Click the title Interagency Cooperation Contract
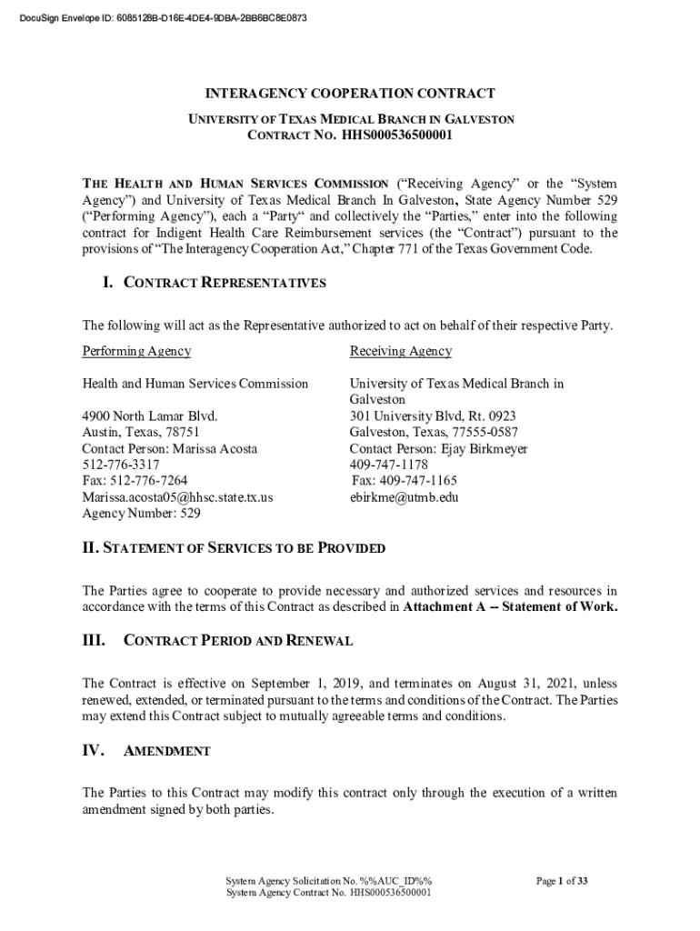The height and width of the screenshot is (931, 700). coord(350,94)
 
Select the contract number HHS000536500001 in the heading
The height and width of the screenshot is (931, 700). coord(396,136)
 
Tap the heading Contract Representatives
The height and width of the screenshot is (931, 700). coord(224,283)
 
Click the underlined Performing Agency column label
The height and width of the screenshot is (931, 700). coord(136,351)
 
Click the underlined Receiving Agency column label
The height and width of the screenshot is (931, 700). coord(400,351)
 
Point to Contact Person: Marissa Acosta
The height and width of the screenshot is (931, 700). coord(169,449)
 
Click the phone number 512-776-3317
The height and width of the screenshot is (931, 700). coord(120,465)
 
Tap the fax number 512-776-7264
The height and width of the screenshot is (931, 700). coord(135,481)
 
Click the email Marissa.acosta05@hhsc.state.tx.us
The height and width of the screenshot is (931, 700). coord(177,497)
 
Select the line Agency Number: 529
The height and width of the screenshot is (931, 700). coord(141,514)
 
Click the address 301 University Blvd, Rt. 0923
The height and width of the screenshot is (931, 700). coord(433,416)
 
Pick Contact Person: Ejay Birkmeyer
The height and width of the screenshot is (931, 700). coord(438,449)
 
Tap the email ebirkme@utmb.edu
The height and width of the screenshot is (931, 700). coord(404,497)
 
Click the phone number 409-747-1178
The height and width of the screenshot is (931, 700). coord(388,465)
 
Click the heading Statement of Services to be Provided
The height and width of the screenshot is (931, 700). coord(234,548)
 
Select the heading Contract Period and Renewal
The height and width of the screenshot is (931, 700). coord(237,641)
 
